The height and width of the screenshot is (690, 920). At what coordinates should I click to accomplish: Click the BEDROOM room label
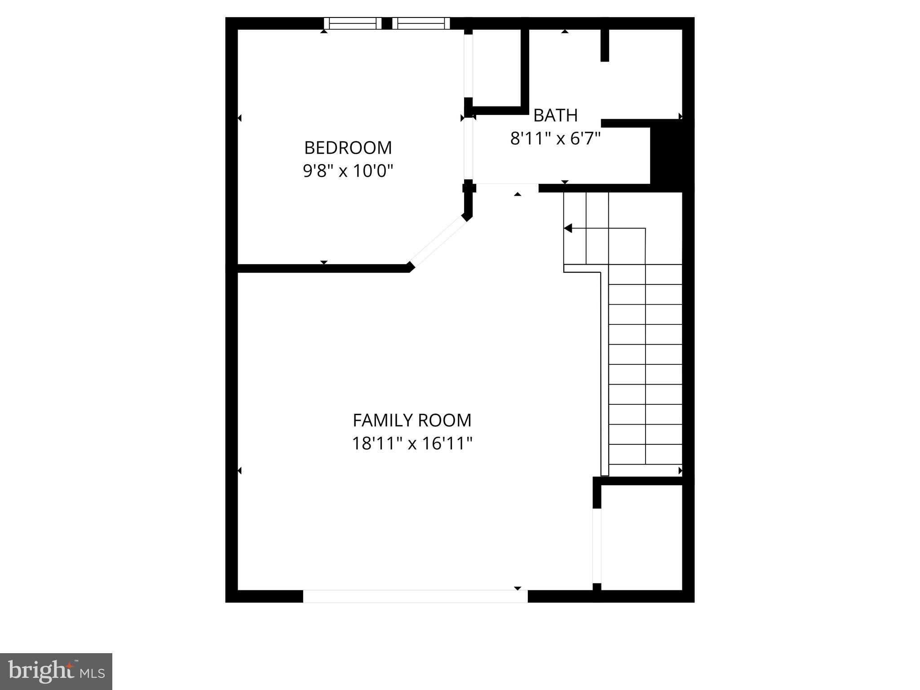[348, 148]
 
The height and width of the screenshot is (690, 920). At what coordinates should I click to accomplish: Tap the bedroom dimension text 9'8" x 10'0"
[348, 171]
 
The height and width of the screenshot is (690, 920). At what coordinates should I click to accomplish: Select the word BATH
[555, 115]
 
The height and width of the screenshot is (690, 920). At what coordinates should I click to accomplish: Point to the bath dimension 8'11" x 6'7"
[555, 139]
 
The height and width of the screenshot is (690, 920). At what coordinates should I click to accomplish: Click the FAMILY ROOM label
[412, 420]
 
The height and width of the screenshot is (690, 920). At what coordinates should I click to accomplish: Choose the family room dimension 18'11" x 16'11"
[412, 444]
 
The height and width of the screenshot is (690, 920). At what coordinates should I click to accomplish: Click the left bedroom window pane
[353, 23]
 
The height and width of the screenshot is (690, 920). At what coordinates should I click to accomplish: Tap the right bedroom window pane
[421, 23]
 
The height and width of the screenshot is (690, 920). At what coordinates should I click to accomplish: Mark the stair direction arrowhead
[568, 228]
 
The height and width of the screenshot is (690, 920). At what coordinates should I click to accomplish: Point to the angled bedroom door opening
[438, 241]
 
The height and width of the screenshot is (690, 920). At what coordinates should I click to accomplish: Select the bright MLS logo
[56, 672]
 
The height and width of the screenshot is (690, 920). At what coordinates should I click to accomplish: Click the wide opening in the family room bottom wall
[415, 596]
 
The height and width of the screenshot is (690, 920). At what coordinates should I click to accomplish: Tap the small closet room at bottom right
[641, 537]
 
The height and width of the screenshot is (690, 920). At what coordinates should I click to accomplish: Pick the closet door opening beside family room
[597, 545]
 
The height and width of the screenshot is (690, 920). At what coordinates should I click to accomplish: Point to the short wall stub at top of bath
[605, 45]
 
